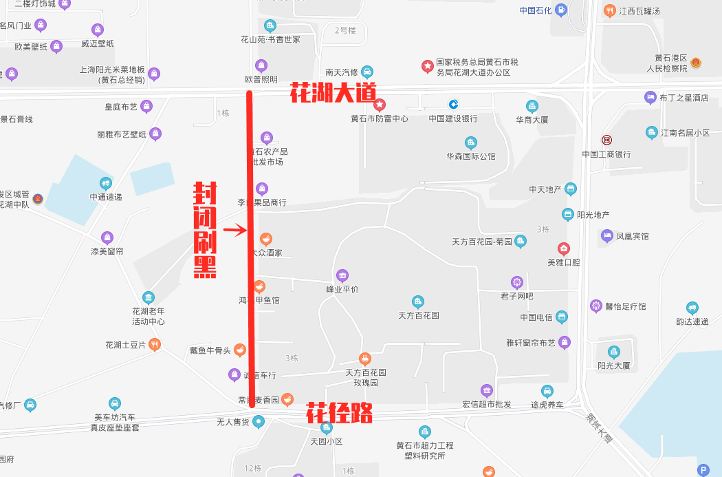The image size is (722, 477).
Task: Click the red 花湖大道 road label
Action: click(x=333, y=93)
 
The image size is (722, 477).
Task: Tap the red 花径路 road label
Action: click(x=339, y=413)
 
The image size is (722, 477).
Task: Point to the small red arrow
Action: click(x=235, y=230)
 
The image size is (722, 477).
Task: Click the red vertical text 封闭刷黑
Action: click(x=205, y=230)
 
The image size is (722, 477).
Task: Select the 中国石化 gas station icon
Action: click(x=561, y=10)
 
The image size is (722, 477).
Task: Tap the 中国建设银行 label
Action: click(x=453, y=118)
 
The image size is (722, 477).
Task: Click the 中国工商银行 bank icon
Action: click(x=606, y=140)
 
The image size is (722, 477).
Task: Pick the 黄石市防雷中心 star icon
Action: click(x=380, y=105)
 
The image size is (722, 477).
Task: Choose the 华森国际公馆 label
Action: click(x=471, y=156)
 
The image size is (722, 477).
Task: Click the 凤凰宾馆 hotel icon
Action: click(x=607, y=236)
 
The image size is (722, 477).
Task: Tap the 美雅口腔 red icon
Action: click(x=564, y=248)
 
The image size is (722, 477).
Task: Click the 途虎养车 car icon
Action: click(x=547, y=391)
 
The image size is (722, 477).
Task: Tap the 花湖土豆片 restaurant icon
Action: click(x=155, y=344)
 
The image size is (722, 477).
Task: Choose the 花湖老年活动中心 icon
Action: click(x=149, y=297)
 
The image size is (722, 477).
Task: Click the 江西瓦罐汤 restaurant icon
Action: click(x=609, y=11)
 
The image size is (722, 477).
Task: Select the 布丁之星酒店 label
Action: click(x=683, y=98)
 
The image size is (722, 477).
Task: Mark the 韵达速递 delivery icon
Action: click(x=692, y=308)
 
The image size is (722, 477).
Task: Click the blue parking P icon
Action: click(x=703, y=470)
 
